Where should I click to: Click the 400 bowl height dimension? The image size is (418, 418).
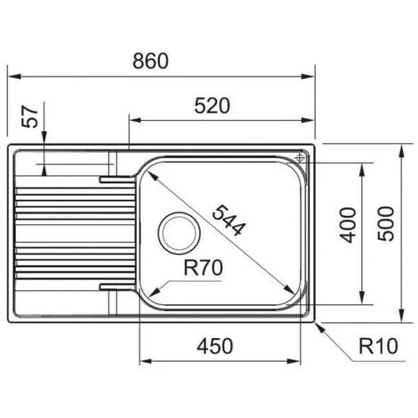tap(348, 225)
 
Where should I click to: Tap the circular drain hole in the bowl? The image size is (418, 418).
tap(179, 232)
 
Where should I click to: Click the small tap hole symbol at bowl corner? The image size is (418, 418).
tap(300, 157)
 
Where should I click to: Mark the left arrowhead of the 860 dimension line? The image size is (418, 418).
tap(13, 76)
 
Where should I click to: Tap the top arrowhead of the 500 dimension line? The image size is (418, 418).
tap(401, 147)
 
